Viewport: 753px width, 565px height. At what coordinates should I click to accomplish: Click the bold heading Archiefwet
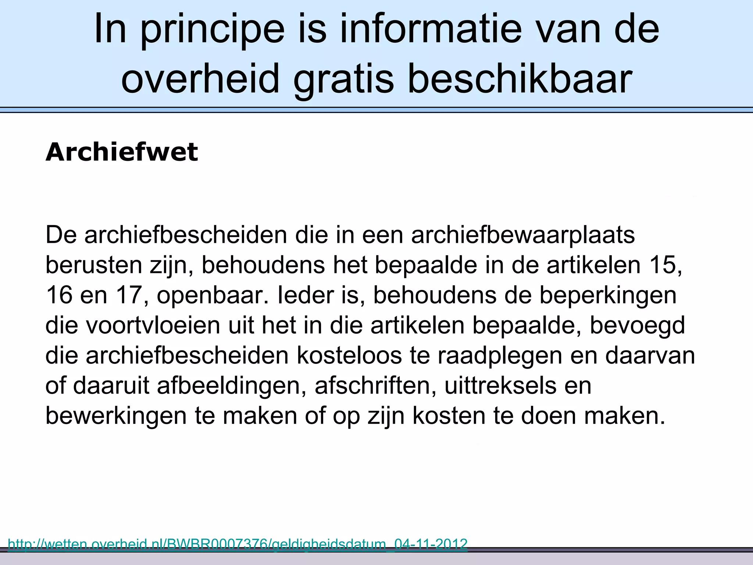click(x=121, y=152)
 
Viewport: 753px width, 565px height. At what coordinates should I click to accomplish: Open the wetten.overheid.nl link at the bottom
click(x=237, y=544)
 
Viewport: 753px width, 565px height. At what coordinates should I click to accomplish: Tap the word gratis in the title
click(x=343, y=79)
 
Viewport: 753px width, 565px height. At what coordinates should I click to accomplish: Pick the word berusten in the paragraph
click(x=94, y=265)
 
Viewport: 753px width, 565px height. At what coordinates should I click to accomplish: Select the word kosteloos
click(x=349, y=355)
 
